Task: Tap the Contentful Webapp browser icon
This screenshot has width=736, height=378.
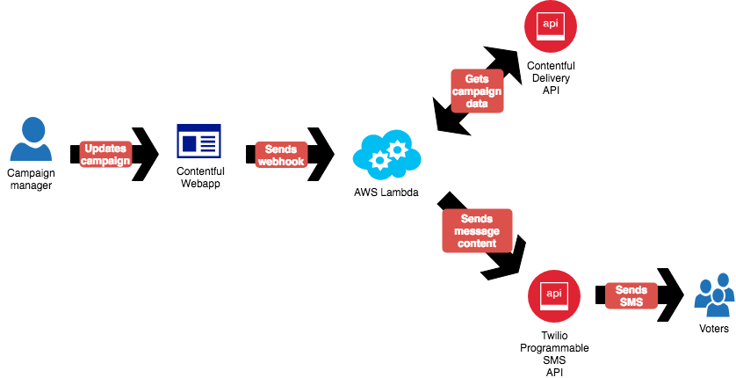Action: click(x=199, y=141)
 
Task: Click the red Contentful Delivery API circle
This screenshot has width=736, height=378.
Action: click(x=550, y=27)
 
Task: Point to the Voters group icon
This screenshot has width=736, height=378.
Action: click(x=714, y=295)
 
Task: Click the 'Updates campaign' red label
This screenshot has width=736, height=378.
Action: click(x=105, y=154)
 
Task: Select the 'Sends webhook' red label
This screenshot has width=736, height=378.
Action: click(x=281, y=155)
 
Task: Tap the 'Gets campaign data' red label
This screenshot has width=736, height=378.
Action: click(x=478, y=91)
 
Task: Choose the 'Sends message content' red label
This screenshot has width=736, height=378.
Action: click(x=477, y=230)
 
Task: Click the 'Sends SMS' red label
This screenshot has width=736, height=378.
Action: click(x=631, y=296)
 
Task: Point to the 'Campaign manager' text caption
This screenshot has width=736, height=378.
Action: click(x=31, y=178)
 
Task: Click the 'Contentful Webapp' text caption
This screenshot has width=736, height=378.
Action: click(x=200, y=177)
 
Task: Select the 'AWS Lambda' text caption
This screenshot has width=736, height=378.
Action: click(x=386, y=193)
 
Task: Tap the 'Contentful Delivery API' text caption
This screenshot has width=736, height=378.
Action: click(x=550, y=78)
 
